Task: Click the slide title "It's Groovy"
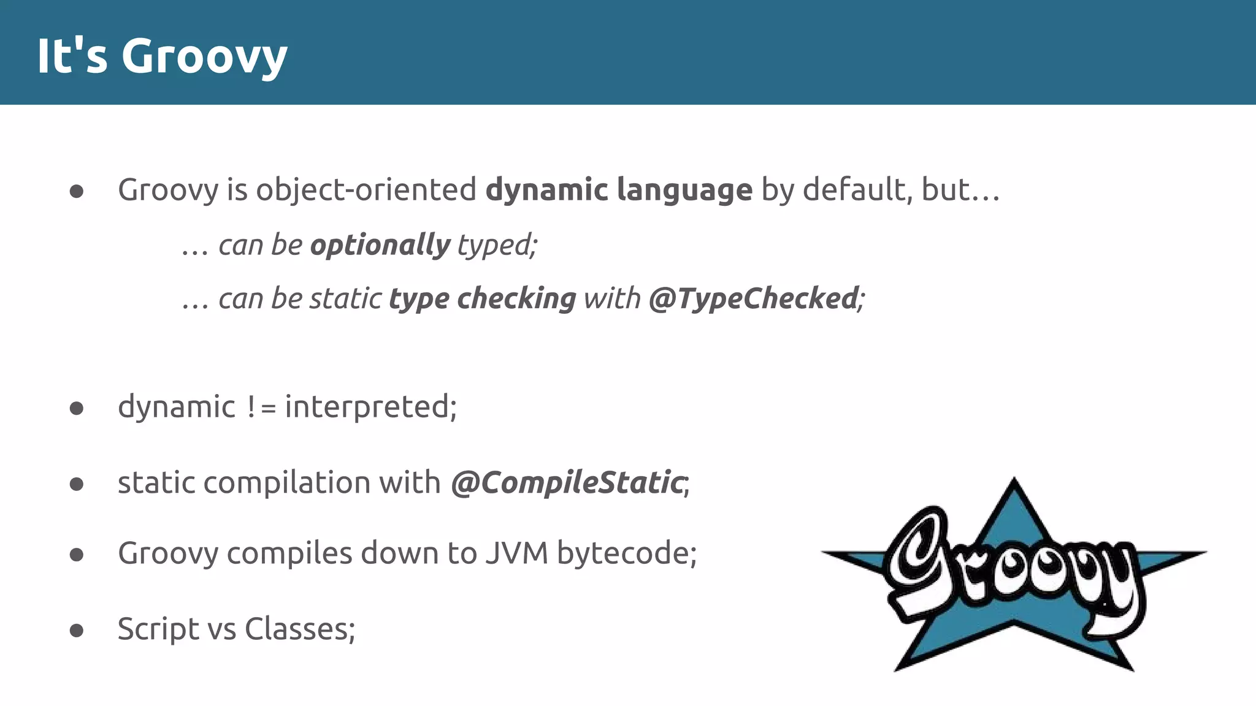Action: coord(162,56)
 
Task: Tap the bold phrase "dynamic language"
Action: coord(618,189)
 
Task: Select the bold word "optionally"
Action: coord(380,245)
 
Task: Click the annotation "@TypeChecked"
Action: coord(754,299)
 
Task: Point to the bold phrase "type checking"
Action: coord(482,299)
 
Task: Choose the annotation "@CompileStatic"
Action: coord(567,483)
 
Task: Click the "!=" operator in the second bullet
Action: coord(261,408)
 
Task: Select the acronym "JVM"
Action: coord(516,553)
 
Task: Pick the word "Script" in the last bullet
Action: coord(158,629)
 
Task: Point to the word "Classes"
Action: coord(297,629)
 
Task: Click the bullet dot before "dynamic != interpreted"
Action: coord(77,408)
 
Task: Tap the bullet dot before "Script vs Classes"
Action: coord(77,630)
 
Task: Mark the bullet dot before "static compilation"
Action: coord(77,484)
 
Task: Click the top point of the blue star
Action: coord(1013,482)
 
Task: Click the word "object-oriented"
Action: coord(366,189)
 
